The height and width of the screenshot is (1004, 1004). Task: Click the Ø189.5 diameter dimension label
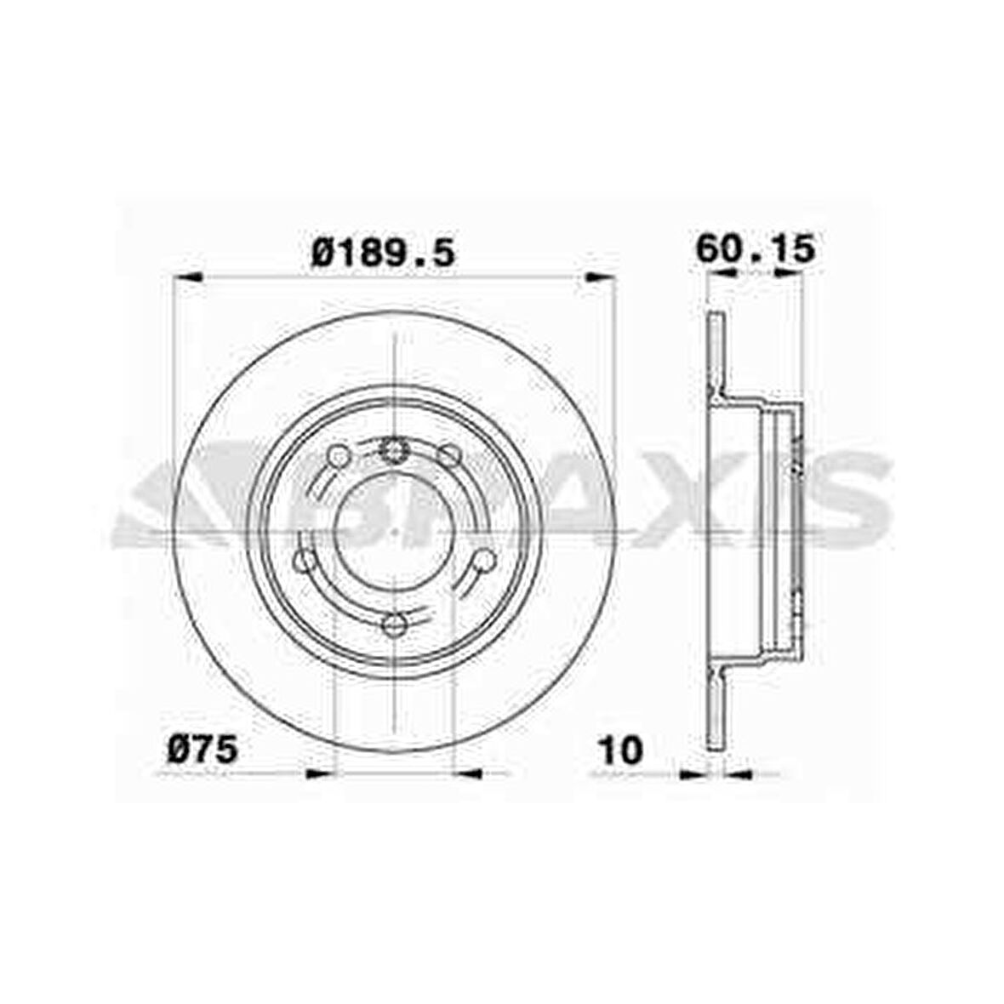point(383,253)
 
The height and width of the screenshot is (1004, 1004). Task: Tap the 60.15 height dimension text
point(756,249)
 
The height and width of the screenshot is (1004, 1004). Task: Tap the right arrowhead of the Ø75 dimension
point(471,773)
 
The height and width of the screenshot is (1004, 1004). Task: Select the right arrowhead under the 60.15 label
point(787,273)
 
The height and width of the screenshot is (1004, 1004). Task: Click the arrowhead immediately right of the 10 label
point(695,773)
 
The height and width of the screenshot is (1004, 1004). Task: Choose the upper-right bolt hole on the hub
point(449,456)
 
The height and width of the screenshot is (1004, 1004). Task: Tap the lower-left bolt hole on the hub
point(303,561)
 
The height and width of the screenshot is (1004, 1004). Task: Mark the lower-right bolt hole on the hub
point(483,560)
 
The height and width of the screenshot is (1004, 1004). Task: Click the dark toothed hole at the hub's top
point(394,448)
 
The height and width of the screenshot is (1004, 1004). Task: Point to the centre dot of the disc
point(394,528)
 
